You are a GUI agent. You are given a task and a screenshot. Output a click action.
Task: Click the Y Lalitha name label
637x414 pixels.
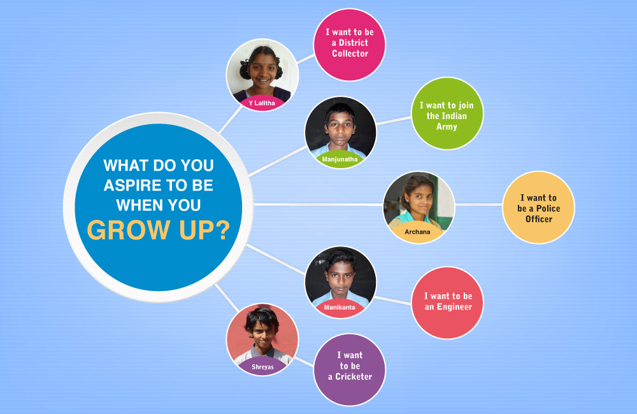[x=262, y=103]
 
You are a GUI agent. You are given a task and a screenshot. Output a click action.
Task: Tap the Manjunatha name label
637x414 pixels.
[x=340, y=159]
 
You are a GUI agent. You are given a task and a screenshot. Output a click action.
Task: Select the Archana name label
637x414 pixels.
[x=417, y=232]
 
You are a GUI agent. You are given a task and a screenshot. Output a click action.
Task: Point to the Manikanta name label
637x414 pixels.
[x=340, y=308]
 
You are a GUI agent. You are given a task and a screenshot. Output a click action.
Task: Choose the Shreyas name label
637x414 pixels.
[x=262, y=367]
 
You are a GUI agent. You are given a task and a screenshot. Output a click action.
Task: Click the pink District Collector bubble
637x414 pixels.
[x=349, y=45]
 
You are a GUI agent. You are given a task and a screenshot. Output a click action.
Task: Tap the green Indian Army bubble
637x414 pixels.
[x=447, y=113]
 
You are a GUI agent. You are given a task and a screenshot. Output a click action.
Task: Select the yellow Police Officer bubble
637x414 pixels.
[x=538, y=208]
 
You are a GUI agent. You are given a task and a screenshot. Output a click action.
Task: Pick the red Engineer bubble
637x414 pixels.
[x=447, y=303]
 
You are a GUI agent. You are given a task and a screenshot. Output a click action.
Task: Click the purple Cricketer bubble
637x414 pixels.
[x=349, y=369]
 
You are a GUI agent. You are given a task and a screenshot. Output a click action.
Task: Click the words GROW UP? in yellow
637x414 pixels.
[x=159, y=230]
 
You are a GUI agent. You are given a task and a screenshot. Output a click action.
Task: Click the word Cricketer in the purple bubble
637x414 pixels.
[x=354, y=376]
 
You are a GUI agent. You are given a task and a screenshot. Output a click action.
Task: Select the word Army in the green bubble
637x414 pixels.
[x=447, y=127]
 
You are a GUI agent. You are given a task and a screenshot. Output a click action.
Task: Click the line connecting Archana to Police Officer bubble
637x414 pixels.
[x=478, y=204]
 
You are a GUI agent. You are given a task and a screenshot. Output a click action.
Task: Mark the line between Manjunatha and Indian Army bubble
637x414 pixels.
[x=393, y=120]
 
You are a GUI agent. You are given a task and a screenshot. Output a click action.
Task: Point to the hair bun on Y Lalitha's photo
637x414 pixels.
[x=245, y=69]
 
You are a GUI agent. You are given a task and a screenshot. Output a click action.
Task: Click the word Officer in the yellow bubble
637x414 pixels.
[x=539, y=219]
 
